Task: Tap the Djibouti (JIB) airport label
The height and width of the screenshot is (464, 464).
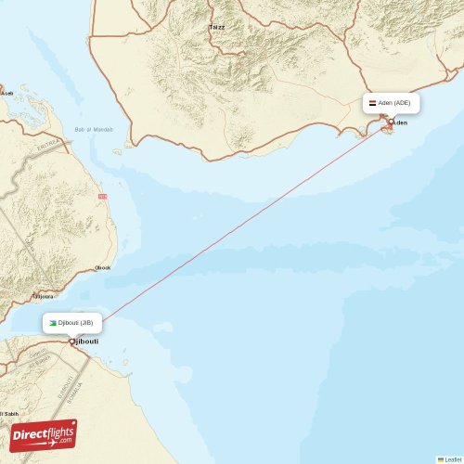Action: click(x=74, y=323)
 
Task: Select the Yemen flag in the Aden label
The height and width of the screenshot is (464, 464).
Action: click(x=372, y=103)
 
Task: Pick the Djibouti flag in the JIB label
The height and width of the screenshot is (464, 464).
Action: click(x=53, y=323)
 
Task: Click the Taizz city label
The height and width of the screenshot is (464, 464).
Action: click(x=217, y=27)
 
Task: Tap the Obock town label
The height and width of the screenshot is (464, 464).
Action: click(x=102, y=268)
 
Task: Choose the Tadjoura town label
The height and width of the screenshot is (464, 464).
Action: click(x=43, y=297)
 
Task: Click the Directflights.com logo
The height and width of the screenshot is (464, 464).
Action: click(x=44, y=434)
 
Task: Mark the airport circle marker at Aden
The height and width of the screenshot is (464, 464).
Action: click(x=391, y=122)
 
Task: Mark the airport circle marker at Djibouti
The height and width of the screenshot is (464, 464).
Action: click(x=72, y=342)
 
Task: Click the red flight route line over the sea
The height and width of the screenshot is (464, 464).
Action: click(x=232, y=231)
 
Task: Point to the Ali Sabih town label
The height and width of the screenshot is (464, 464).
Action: click(x=7, y=414)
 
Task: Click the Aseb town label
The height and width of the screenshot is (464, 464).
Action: click(x=6, y=93)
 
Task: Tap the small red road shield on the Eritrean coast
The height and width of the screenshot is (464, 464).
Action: click(x=102, y=197)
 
